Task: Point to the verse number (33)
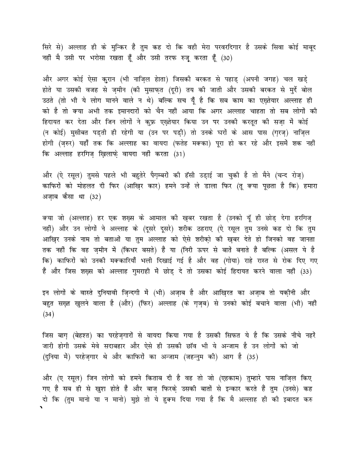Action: coord(306,271)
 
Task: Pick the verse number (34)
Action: coord(48,314)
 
